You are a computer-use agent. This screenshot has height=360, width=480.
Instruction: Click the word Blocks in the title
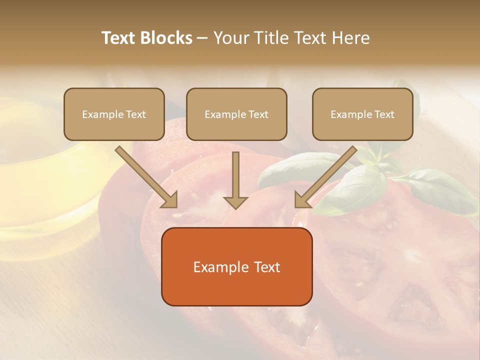(x=166, y=38)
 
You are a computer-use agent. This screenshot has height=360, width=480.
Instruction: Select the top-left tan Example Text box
(x=114, y=114)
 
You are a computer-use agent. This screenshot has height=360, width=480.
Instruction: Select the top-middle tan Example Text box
(x=236, y=114)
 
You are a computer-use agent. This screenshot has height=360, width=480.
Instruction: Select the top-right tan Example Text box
(x=362, y=114)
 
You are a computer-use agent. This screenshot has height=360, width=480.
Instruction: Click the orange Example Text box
(x=236, y=266)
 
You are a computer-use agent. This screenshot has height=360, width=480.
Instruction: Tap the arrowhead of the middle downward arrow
(x=235, y=202)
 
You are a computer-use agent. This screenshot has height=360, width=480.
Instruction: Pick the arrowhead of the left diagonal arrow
(x=170, y=200)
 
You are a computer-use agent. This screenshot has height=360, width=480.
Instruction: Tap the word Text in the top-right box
(x=384, y=114)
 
